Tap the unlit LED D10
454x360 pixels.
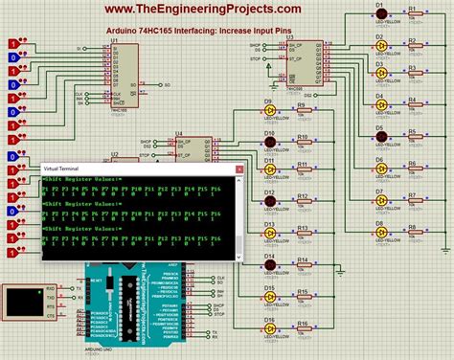(270, 139)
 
